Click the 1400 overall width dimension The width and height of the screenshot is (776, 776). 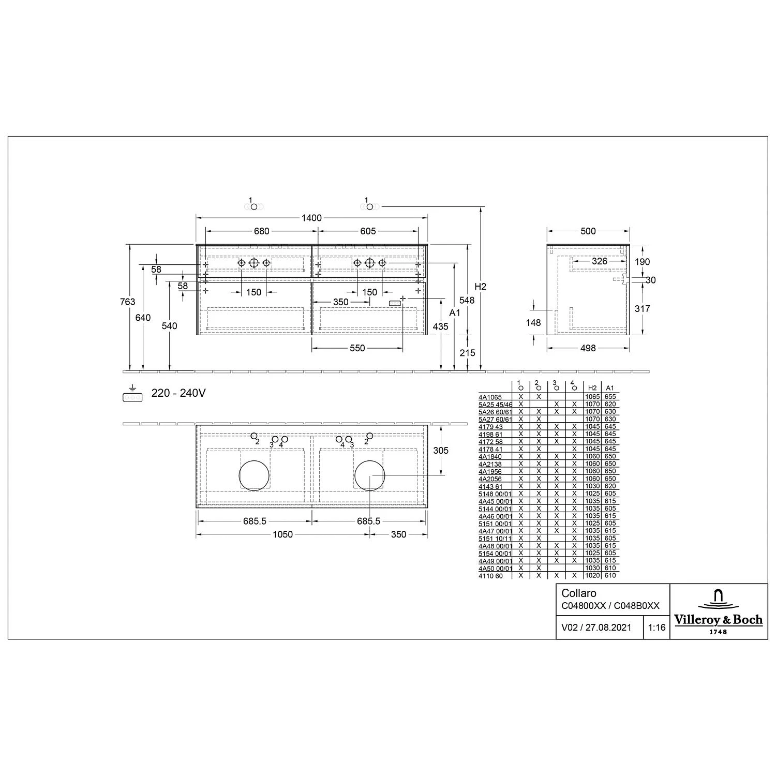point(311,218)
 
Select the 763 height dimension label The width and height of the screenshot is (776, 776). point(127,302)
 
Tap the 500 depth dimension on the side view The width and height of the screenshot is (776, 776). point(588,231)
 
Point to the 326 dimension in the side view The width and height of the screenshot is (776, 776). point(600,261)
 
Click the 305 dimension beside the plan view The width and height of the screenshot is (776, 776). point(441,451)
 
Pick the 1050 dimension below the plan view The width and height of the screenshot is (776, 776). point(283,534)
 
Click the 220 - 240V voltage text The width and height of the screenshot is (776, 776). point(178,393)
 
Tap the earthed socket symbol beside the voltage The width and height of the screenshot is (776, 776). point(132,394)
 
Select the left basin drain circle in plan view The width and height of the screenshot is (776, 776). point(255,475)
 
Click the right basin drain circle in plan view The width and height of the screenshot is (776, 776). point(370,475)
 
